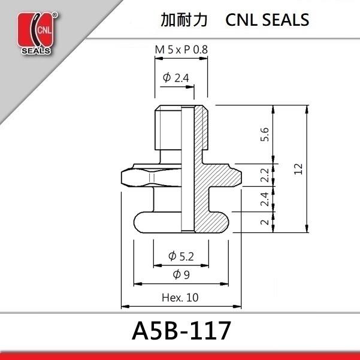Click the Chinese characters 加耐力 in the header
point(184,20)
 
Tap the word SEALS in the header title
point(286,20)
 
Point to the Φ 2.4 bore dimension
point(176,78)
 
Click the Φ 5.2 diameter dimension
point(181,256)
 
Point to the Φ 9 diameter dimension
point(181,275)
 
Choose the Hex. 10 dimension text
point(180,297)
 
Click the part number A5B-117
point(180,331)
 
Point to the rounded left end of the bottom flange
point(136,222)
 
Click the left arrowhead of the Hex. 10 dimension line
point(124,305)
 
